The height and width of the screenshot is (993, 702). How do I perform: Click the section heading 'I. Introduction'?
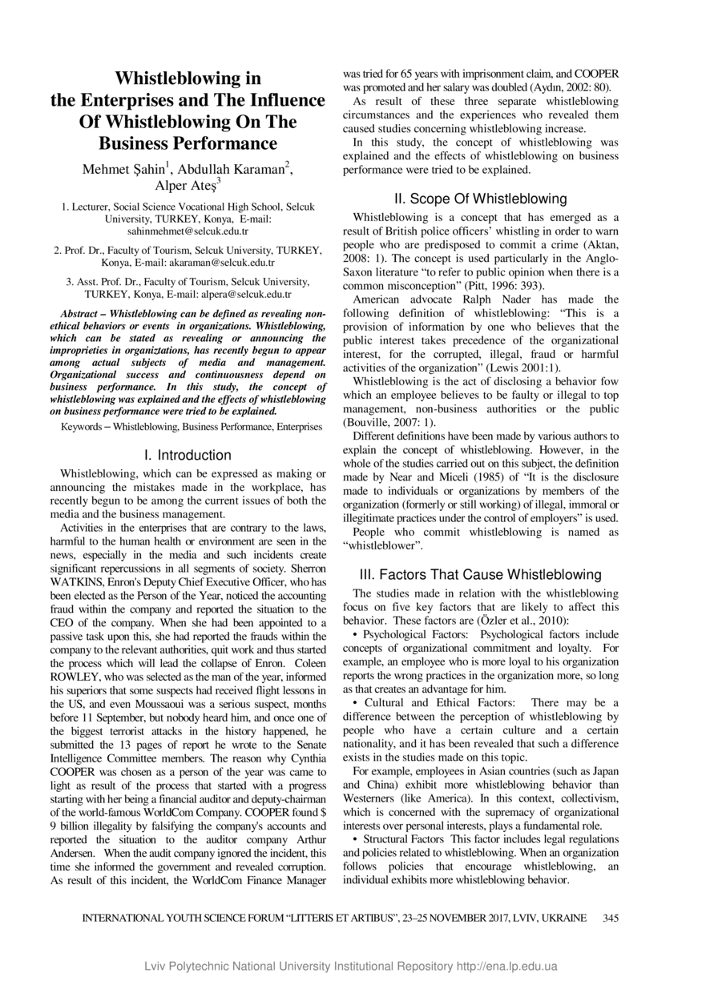click(x=188, y=455)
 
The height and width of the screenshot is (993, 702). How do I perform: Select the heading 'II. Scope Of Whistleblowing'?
click(x=481, y=199)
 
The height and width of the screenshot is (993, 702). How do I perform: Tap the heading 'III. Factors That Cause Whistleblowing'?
click(x=481, y=574)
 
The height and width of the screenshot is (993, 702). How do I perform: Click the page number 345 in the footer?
click(x=610, y=918)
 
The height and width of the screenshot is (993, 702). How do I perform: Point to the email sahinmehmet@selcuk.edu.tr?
click(x=188, y=230)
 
